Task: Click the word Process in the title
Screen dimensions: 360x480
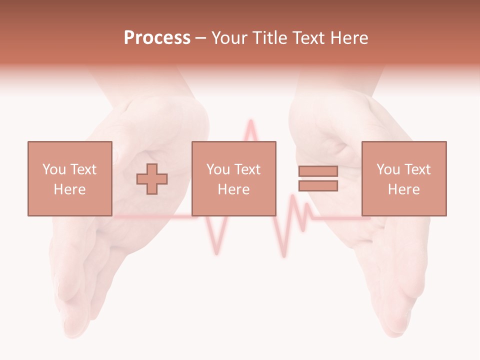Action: tap(157, 38)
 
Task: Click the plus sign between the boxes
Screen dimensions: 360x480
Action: tap(152, 179)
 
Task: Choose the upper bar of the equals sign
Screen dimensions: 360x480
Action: tap(318, 171)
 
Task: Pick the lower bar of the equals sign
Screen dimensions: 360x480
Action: tap(318, 186)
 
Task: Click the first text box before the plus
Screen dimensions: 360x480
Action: tap(69, 178)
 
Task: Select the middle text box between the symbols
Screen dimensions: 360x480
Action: tap(233, 178)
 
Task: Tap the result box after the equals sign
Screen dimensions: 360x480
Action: tap(403, 178)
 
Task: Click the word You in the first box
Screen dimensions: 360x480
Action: tap(53, 169)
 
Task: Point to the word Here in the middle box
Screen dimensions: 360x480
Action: tap(233, 189)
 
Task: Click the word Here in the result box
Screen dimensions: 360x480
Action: tap(403, 189)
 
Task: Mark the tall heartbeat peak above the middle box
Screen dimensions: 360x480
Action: tap(248, 125)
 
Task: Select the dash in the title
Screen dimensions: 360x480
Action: tap(201, 38)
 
